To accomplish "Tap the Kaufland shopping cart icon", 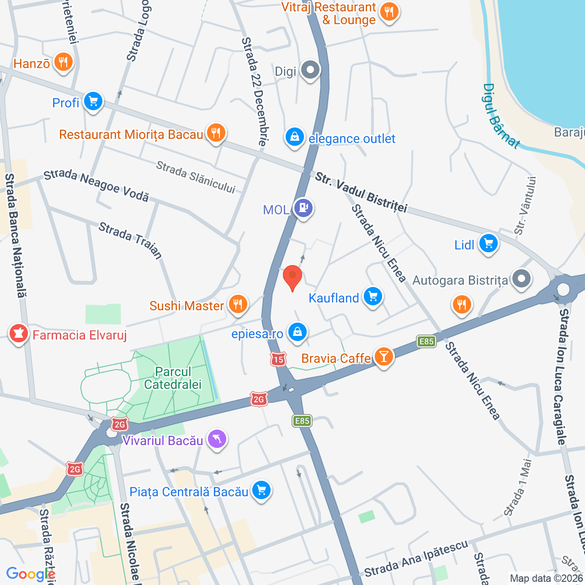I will coord(373,297).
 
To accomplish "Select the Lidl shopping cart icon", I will coord(488,244).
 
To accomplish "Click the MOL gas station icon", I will coord(303,208).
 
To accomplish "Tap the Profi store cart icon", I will coord(94,101).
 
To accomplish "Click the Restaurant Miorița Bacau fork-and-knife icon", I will coord(216,133).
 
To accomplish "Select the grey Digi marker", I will coord(311,70).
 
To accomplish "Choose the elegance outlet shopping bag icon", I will coord(295,137).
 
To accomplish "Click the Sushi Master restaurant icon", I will coord(238,304).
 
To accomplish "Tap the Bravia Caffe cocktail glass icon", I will coord(383,357).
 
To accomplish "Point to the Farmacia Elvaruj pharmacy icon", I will coord(18,334).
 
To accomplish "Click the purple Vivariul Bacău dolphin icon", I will coord(217,439).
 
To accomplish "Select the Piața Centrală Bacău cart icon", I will coord(261,491).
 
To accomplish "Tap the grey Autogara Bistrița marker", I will coord(521,279).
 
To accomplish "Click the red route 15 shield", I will coord(278,359).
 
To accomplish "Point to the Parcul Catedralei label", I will coord(173,378).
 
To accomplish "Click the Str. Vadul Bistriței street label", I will coord(361,192).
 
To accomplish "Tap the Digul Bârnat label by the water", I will coord(501,117).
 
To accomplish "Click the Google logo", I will coord(30,574).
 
